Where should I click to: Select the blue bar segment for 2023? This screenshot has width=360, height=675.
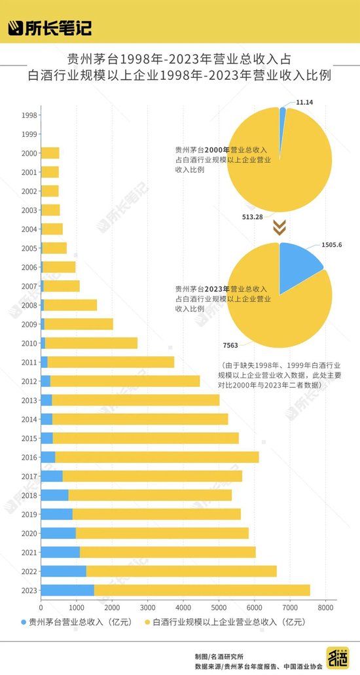coord(67,590)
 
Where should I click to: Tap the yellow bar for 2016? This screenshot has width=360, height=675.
coord(157,457)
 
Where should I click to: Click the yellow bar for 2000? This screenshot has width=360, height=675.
coord(50,153)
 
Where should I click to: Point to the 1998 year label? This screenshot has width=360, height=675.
coord(29,115)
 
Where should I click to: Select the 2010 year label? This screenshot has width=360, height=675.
coord(29,343)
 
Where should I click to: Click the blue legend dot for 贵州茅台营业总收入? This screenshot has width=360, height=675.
coord(24,622)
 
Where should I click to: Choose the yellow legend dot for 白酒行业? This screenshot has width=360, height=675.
coord(147,622)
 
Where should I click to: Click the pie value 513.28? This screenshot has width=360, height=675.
coord(252,217)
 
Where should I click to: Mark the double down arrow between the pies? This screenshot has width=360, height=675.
coord(279,227)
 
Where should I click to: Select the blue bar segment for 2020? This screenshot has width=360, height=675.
coord(58,533)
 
